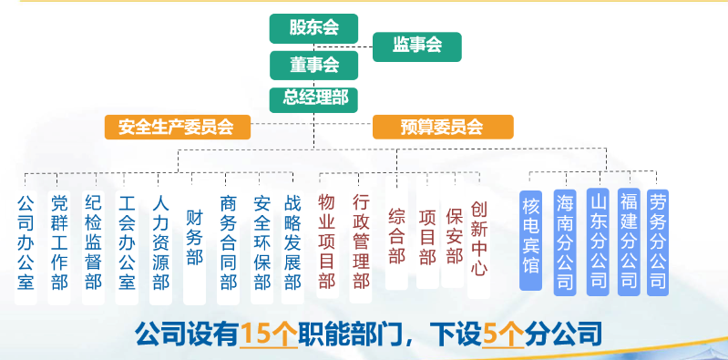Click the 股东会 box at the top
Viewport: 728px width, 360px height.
[x=314, y=28]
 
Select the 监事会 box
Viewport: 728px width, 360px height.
[x=416, y=45]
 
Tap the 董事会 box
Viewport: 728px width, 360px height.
[x=314, y=65]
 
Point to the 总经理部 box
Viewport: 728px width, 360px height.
[x=314, y=97]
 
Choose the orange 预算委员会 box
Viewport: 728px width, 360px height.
[x=443, y=127]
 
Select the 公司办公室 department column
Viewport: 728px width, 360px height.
[x=26, y=242]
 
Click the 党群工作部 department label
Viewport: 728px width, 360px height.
[x=59, y=242]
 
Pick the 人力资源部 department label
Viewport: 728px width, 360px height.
[x=160, y=242]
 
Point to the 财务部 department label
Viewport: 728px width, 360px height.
[x=194, y=239]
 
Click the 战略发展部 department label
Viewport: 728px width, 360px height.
[x=292, y=242]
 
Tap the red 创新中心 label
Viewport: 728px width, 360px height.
[x=479, y=239]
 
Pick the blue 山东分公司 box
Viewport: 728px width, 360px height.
[x=597, y=239]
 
